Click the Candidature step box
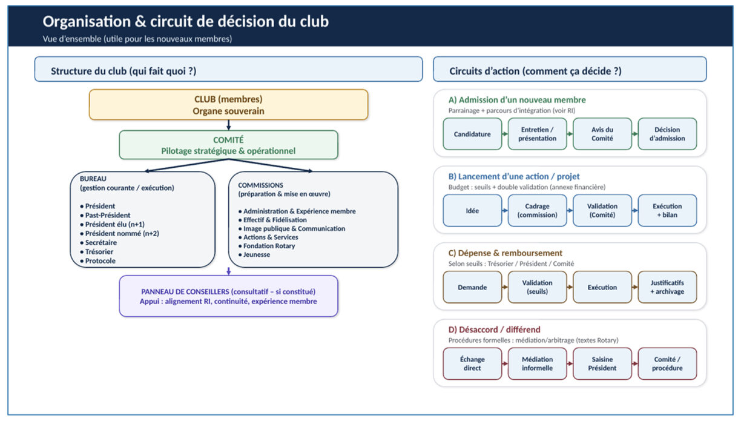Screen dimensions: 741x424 pos(472,134)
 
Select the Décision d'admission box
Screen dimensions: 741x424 pos(667,134)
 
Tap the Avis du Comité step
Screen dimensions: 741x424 pos(602,134)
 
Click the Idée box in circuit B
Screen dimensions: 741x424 pos(472,211)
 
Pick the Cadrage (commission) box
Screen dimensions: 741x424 pos(537,211)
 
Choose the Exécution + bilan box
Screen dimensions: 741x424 pos(667,211)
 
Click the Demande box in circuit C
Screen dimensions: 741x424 pos(472,287)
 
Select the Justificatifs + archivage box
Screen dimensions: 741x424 pos(667,287)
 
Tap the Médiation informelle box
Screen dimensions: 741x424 pos(537,364)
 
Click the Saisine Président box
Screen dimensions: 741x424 pos(602,364)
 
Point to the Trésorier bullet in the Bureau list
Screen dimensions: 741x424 pos(97,252)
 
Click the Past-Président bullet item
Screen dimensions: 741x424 pos(105,215)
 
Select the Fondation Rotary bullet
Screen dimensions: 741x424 pos(266,246)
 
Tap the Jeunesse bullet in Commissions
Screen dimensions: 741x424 pos(254,254)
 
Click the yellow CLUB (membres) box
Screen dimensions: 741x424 pos(229,105)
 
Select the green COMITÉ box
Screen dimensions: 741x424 pos(229,145)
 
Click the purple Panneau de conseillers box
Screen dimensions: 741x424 pos(229,296)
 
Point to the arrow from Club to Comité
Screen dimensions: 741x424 pos(229,125)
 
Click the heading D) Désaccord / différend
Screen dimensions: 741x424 pos(494,330)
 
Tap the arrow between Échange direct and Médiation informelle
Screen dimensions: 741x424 pos(505,364)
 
